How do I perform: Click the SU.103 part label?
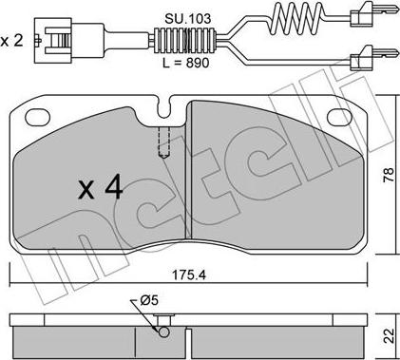pos(187,19)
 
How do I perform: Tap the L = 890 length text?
pos(186,63)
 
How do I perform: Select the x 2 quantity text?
pos(11,41)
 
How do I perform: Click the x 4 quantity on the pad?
pos(101,188)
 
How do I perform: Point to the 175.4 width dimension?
pos(189,275)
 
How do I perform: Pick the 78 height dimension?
pos(389,174)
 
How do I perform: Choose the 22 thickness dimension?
pos(389,335)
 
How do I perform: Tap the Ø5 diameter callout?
pos(148,300)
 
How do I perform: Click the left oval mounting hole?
pos(38,117)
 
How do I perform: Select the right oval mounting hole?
pos(340,117)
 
